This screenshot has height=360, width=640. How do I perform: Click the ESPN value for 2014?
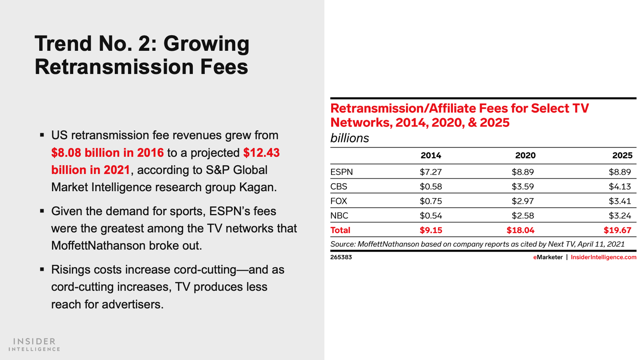pyautogui.click(x=430, y=172)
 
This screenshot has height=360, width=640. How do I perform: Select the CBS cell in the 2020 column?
pyautogui.click(x=522, y=186)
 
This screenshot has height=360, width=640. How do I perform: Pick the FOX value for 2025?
pyautogui.click(x=620, y=201)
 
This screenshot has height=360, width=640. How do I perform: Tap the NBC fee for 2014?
pyautogui.click(x=430, y=216)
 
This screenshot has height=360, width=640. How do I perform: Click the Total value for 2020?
pyautogui.click(x=520, y=230)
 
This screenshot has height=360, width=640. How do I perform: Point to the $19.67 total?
pyautogui.click(x=617, y=230)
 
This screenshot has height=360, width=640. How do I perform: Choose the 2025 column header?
pyautogui.click(x=622, y=156)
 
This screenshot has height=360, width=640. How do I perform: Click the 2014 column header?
pyautogui.click(x=430, y=156)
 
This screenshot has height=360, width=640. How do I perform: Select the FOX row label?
pyautogui.click(x=338, y=201)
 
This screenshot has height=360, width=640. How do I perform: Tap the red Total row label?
pyautogui.click(x=340, y=230)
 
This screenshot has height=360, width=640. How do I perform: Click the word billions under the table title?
pyautogui.click(x=350, y=138)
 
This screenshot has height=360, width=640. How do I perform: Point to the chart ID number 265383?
pyautogui.click(x=341, y=257)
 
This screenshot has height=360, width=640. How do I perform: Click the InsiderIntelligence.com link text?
pyautogui.click(x=603, y=257)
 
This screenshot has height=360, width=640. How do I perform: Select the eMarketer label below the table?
pyautogui.click(x=548, y=257)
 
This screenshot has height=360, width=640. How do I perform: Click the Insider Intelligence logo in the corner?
pyautogui.click(x=34, y=344)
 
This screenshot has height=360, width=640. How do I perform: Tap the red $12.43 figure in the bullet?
pyautogui.click(x=261, y=153)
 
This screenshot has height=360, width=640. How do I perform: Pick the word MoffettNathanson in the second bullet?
pyautogui.click(x=98, y=246)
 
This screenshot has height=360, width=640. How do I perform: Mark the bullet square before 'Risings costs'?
pyautogui.click(x=42, y=269)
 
